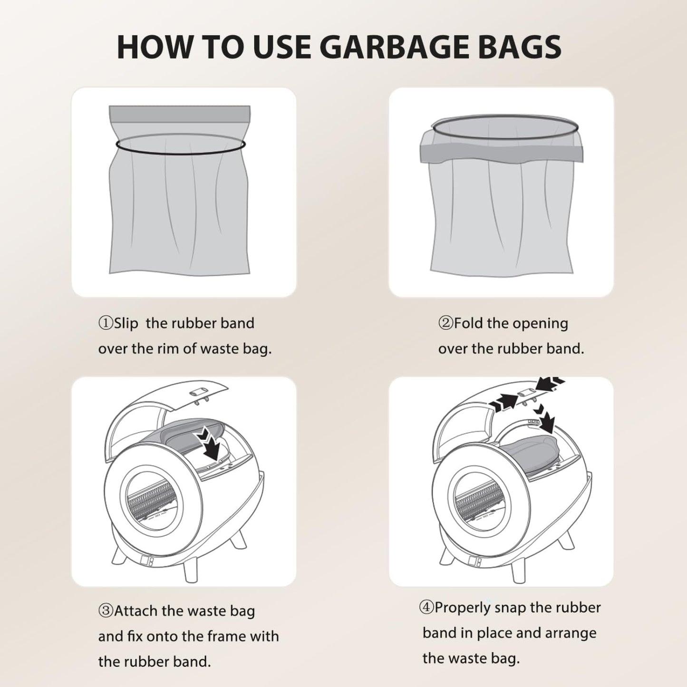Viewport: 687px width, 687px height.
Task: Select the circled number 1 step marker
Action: click(x=106, y=324)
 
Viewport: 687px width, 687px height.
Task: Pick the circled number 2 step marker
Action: click(x=445, y=324)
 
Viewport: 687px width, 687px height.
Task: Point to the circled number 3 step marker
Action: click(x=106, y=611)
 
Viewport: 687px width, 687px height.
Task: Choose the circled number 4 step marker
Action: click(x=426, y=608)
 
